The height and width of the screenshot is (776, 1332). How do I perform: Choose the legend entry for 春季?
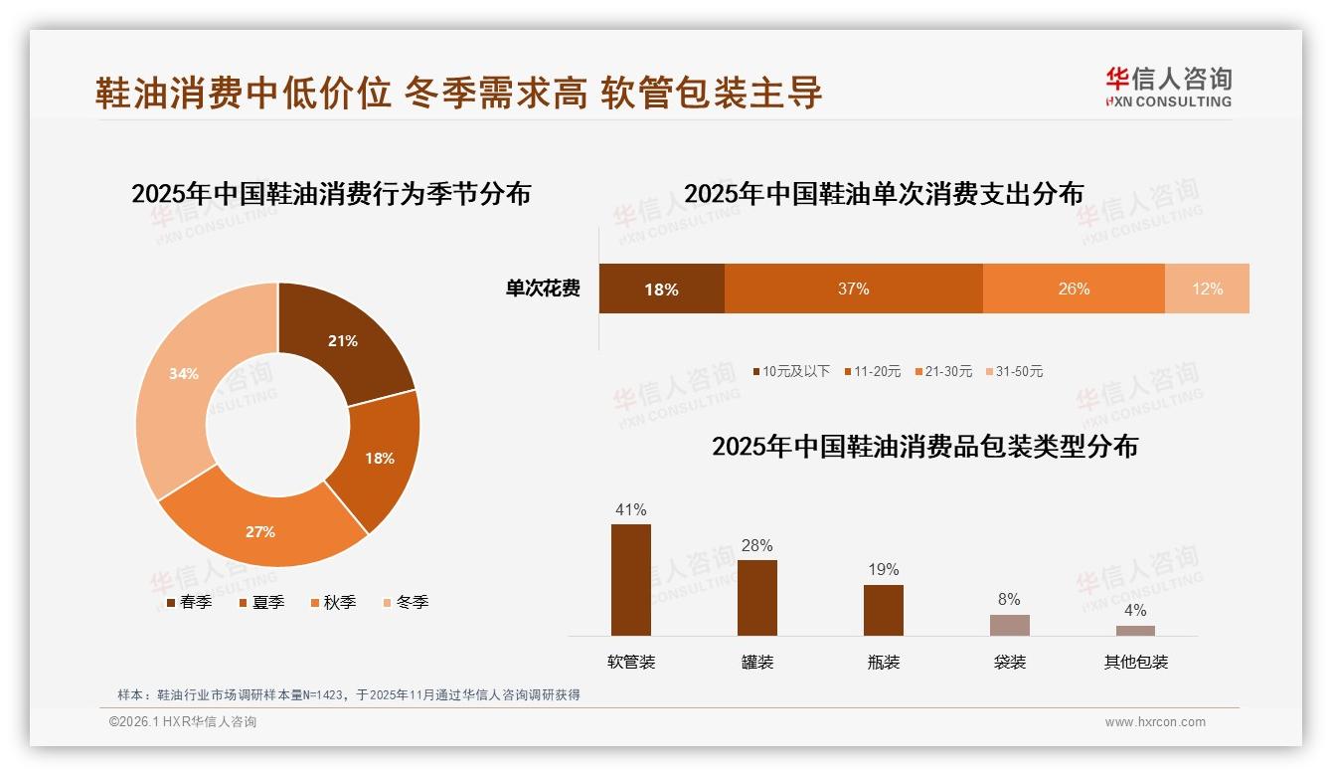pos(189,602)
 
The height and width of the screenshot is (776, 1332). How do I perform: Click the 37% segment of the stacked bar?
pos(853,289)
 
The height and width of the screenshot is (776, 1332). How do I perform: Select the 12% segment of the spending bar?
pos(1207,289)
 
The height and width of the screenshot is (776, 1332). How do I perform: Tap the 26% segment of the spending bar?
pos(1074,289)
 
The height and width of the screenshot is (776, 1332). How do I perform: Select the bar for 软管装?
pos(631,580)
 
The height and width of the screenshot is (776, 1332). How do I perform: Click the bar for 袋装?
pos(1010,625)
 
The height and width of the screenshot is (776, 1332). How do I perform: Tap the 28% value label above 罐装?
pos(757,545)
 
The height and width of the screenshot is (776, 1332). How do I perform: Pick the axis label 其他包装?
pos(1135,662)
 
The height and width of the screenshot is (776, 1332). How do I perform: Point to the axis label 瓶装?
pos(884,662)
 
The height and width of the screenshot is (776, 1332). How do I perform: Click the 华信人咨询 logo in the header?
pos(1168,87)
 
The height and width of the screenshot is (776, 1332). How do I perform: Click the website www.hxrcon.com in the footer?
pos(1155,722)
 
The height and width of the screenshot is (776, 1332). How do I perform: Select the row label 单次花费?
pos(543,289)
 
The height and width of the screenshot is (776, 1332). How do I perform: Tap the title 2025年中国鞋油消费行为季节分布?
pos(331,193)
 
